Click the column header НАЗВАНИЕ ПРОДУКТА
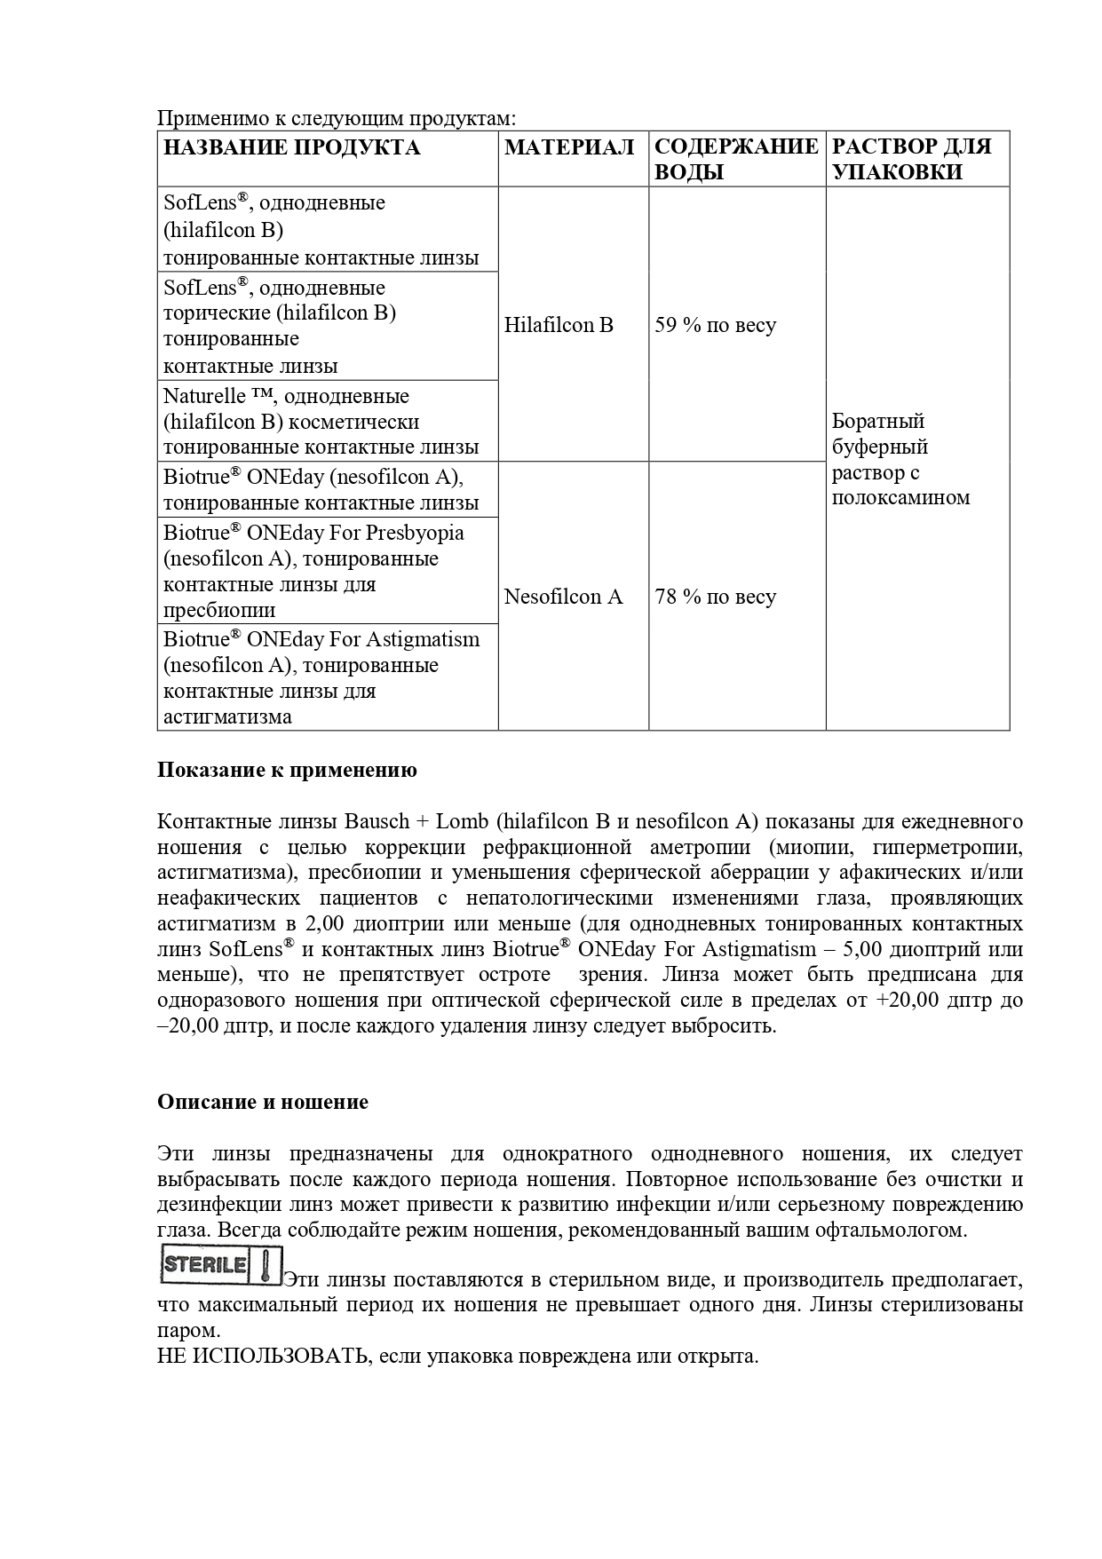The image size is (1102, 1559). coord(291,147)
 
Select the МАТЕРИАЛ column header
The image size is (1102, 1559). coord(569,147)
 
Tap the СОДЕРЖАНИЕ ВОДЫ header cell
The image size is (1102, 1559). coord(736,159)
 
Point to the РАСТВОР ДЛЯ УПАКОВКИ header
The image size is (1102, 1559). coord(912,159)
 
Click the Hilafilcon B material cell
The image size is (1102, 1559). coord(559,325)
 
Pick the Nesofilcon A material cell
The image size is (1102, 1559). coord(563,597)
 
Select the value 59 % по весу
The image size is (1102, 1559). coord(715,325)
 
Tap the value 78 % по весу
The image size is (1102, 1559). coord(715,597)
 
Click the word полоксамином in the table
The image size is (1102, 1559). coord(900,497)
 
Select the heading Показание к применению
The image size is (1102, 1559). coord(287,770)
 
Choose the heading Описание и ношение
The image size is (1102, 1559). coord(263,1102)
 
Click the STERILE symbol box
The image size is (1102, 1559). coord(205,1265)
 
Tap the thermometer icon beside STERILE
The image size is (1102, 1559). coord(266,1265)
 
